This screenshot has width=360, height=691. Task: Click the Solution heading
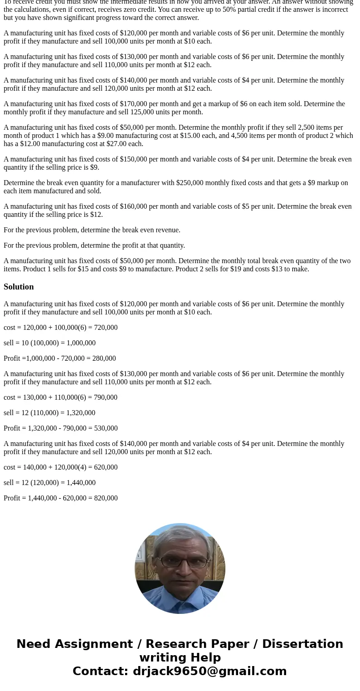tap(19, 287)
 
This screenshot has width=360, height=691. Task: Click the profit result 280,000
tap(104, 358)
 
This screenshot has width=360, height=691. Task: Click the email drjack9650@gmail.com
tap(209, 671)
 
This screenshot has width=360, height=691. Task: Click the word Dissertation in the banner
tap(302, 644)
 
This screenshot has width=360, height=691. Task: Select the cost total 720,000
tap(106, 328)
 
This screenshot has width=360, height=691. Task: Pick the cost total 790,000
tap(106, 397)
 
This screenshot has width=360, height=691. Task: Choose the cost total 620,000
tap(106, 467)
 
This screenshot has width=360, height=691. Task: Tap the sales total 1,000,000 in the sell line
tap(80, 343)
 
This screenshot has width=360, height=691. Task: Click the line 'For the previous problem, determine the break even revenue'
tap(92, 230)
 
